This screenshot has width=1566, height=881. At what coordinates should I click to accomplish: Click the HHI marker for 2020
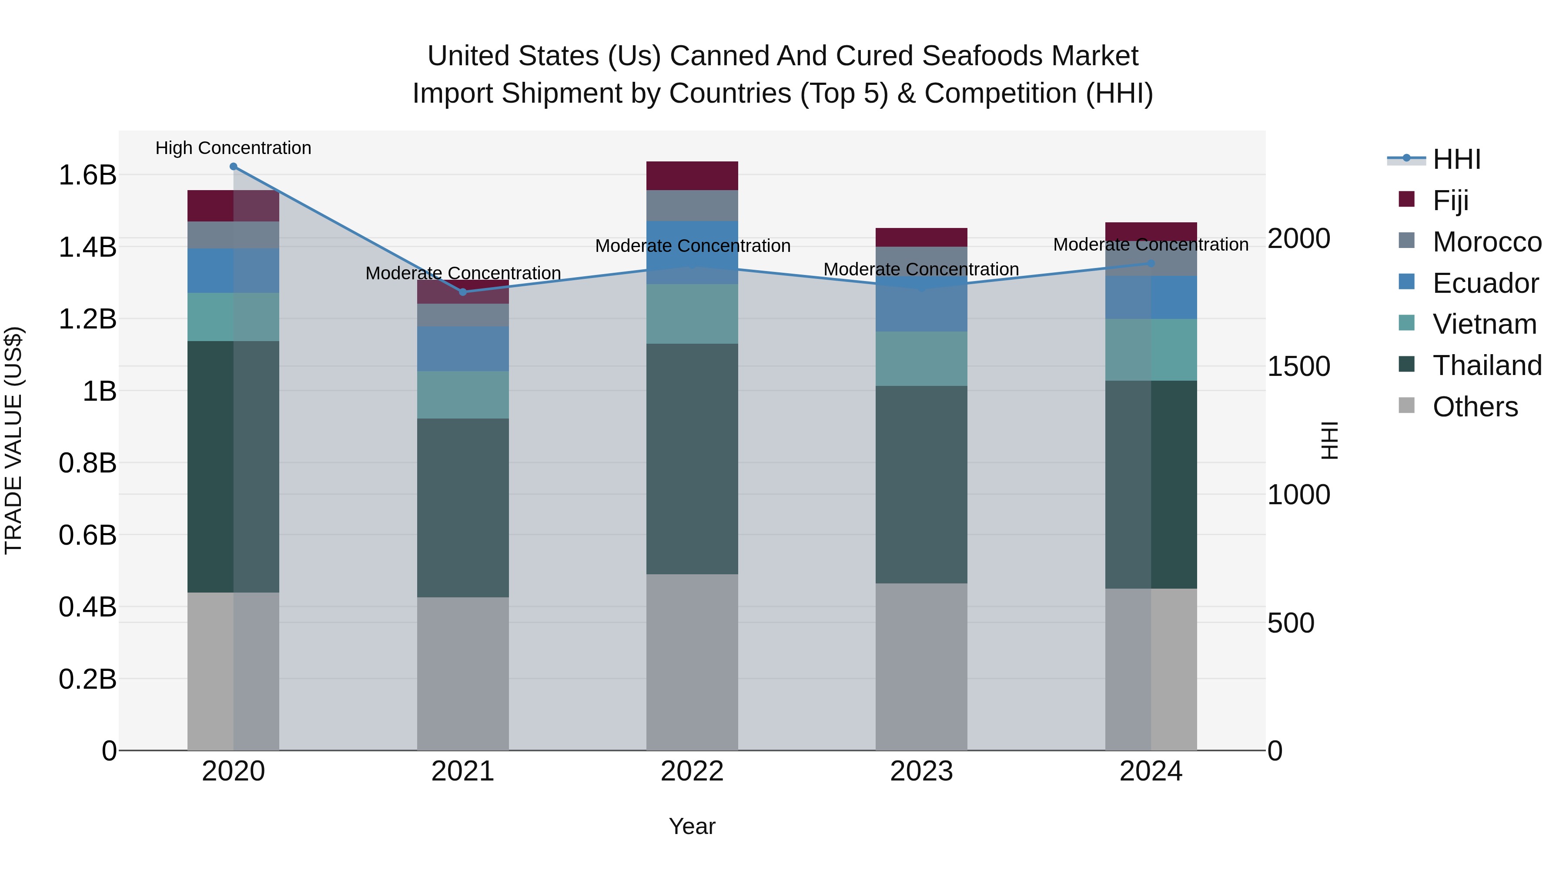click(234, 167)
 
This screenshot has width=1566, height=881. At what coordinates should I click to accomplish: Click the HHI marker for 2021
click(463, 292)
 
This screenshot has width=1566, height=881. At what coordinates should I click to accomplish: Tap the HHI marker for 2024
click(1151, 263)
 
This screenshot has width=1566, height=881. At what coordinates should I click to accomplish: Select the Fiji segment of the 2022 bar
click(692, 176)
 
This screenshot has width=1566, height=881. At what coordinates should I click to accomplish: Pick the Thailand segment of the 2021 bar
click(463, 508)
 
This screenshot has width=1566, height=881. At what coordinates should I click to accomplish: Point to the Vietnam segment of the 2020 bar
click(234, 317)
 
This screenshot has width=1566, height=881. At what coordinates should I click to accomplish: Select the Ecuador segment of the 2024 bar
click(1151, 297)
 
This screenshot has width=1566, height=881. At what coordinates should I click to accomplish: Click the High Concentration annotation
click(234, 148)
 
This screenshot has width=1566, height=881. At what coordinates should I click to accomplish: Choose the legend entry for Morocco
click(1486, 242)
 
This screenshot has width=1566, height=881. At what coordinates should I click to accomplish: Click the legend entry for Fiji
click(1450, 201)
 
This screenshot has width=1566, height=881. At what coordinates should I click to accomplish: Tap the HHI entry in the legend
click(1456, 159)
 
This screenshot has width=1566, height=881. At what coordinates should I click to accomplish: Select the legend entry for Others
click(1475, 407)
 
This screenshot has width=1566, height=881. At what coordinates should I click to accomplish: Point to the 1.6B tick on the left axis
click(87, 175)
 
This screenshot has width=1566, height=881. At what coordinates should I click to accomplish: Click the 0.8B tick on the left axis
click(87, 463)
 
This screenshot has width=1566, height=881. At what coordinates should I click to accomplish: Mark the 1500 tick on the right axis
click(1298, 367)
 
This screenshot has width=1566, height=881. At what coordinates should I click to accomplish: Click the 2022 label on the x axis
click(692, 771)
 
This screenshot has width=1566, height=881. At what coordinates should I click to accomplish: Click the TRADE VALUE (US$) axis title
click(13, 440)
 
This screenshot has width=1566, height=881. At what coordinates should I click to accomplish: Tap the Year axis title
click(692, 826)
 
